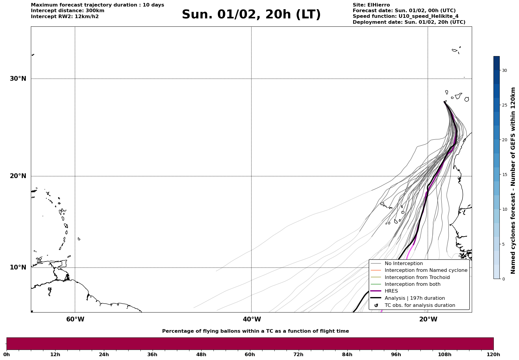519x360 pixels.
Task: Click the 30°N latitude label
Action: pos(18,79)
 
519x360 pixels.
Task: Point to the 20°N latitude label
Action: pos(18,176)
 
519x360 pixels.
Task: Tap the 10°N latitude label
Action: pos(18,267)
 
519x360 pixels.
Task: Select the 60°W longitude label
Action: pos(75,319)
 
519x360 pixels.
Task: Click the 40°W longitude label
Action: pos(252,319)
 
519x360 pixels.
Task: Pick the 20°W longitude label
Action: pos(428,319)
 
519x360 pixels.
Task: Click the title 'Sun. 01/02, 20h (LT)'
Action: pos(251,15)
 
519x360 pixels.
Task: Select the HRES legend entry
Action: pos(391,291)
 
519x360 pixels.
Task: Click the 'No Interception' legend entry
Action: pos(404,264)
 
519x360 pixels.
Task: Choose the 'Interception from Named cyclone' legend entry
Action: pos(426,270)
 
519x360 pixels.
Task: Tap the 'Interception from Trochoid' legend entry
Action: pos(417,277)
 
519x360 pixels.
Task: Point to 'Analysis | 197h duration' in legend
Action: pos(414,298)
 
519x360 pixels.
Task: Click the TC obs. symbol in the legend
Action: pos(376,305)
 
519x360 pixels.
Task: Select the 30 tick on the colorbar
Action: pos(504,70)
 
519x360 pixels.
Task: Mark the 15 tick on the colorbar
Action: pos(504,175)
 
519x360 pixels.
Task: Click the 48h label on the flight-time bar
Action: pos(201,355)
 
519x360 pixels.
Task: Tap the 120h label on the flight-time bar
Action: pos(493,355)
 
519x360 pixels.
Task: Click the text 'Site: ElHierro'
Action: pos(371,5)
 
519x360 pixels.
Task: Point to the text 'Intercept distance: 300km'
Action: pos(67,11)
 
